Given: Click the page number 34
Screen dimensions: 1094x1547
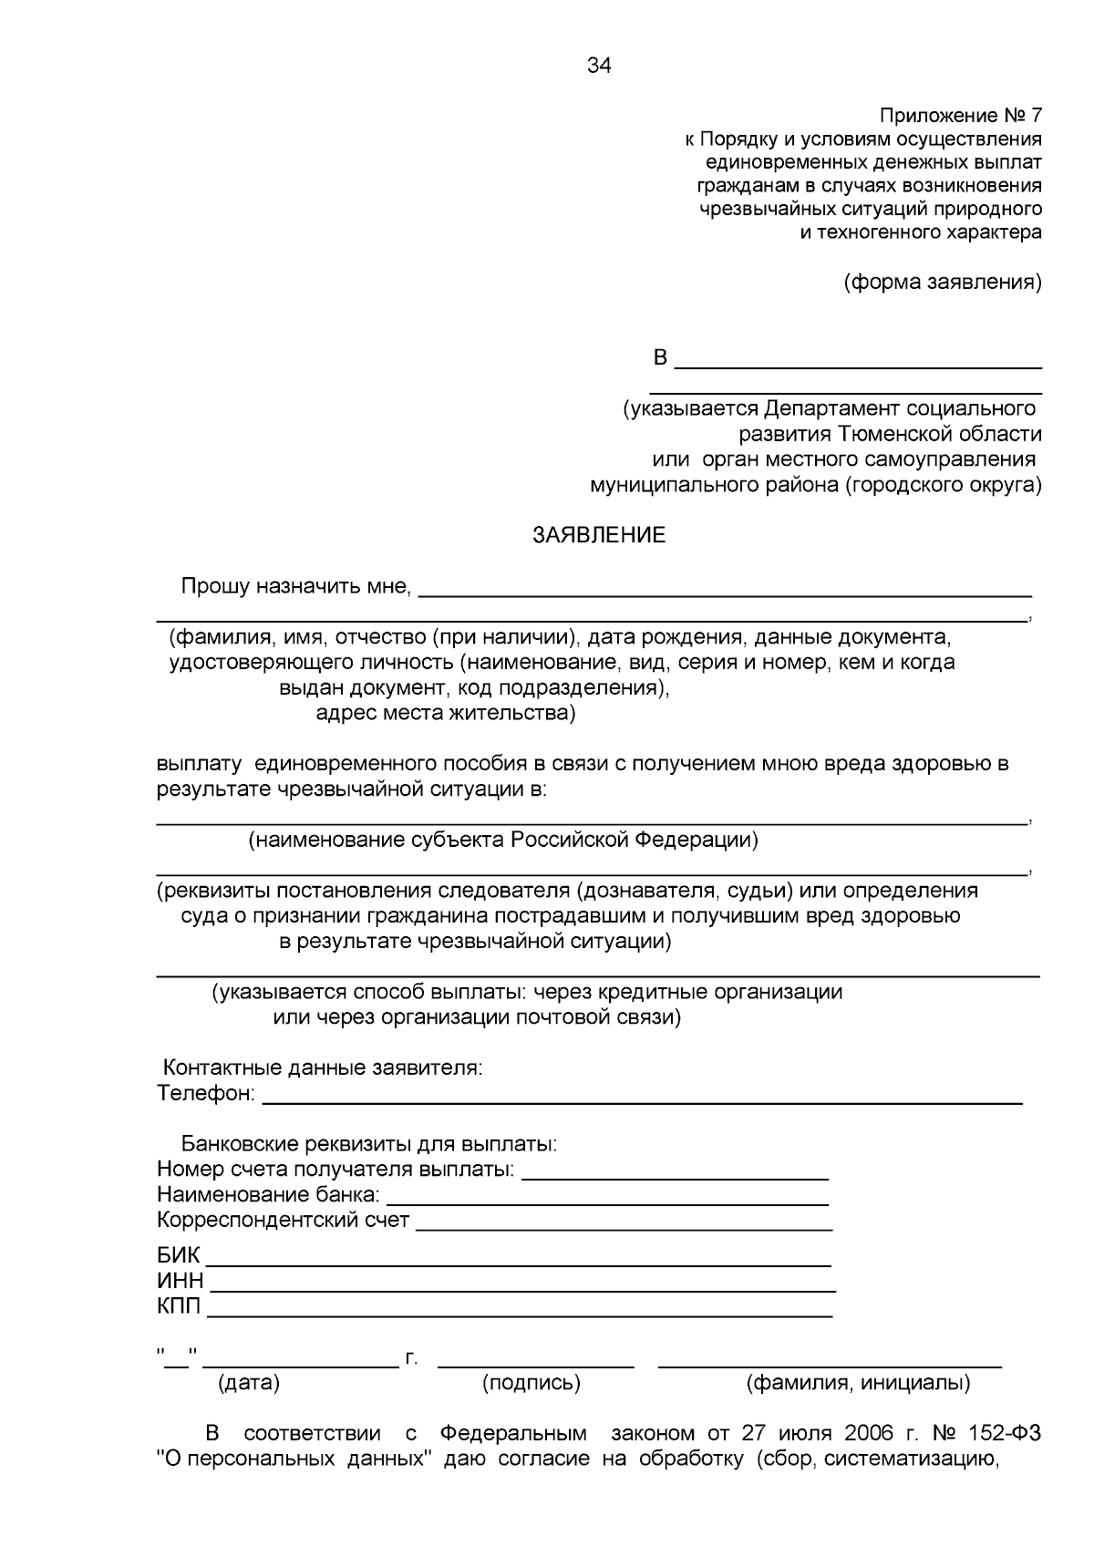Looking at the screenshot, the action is point(599,66).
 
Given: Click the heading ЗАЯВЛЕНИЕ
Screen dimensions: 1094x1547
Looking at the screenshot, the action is point(599,536).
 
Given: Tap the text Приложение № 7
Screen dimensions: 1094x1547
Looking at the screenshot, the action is point(960,116).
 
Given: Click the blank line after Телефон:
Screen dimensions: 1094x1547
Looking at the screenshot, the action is point(642,1095).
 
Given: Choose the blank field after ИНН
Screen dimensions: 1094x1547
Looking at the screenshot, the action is point(521,1283).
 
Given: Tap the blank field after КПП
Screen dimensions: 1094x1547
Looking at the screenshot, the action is point(520,1308).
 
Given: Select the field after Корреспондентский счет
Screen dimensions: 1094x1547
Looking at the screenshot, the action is point(624,1222).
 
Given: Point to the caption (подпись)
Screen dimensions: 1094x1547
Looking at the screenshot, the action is point(532,1383).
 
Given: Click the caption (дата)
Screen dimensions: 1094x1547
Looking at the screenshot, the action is point(249,1383).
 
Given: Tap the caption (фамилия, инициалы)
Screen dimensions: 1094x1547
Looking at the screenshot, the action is point(858,1383).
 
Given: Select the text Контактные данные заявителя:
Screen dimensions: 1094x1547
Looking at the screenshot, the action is point(322,1067).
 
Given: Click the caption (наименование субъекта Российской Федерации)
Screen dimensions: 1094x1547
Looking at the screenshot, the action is point(503,840).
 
